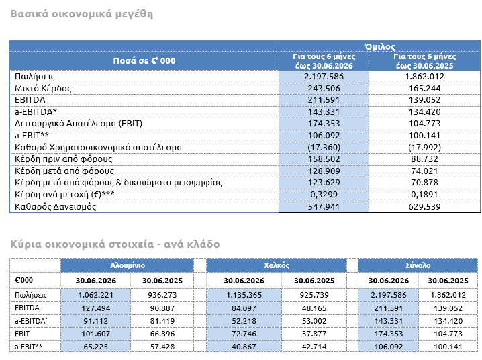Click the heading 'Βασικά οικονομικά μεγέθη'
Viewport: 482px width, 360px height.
81,15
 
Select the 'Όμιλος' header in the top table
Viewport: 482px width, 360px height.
379,46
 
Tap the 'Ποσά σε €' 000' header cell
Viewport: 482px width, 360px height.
144,61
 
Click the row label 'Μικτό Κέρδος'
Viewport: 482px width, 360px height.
43,89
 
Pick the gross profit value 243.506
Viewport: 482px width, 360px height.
324,89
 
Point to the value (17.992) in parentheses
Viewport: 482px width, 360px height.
424,147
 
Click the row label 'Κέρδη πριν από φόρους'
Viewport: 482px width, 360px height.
64,159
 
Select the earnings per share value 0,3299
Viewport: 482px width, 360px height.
324,195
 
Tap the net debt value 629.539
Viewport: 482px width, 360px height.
424,207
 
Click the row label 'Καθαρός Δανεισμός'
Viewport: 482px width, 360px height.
55,207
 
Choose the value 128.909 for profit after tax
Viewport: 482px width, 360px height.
324,171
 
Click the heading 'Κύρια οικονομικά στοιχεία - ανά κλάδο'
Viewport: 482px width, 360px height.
115,244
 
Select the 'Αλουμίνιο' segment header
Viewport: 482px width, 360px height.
128,265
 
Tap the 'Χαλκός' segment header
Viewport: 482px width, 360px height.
277,265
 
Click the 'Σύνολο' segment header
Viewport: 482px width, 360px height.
418,265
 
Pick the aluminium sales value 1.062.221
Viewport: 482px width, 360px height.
95,295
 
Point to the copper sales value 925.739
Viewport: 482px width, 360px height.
314,295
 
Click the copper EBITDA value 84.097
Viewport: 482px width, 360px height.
244,308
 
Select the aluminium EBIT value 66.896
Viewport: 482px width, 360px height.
162,334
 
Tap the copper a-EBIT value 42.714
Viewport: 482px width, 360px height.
314,347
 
